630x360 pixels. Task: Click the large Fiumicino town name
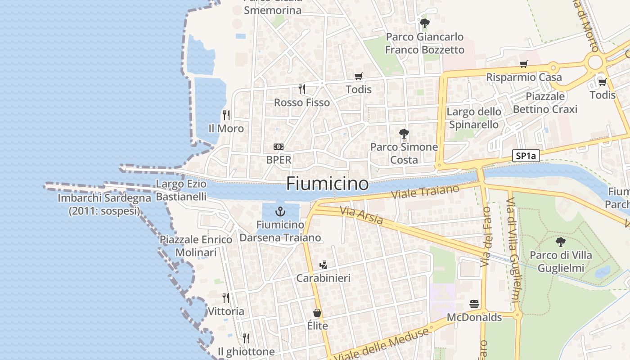(327, 184)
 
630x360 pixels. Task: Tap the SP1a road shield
(526, 156)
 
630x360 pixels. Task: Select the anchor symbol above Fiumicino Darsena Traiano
(280, 211)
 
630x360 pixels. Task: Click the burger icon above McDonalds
(474, 304)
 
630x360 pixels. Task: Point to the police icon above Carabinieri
(323, 265)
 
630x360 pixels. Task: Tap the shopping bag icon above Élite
(317, 313)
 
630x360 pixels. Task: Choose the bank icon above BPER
(279, 147)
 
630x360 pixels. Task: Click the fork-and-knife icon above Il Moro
(226, 115)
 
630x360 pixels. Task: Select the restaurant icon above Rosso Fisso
(302, 89)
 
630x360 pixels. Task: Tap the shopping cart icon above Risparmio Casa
(523, 64)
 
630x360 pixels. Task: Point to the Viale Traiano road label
(425, 192)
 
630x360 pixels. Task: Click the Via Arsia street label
(361, 215)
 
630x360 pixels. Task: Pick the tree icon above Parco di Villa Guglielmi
(560, 242)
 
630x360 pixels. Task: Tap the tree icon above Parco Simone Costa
(404, 134)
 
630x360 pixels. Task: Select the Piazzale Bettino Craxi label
(545, 103)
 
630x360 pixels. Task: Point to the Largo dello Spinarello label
(474, 118)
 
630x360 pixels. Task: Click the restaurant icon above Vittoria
(226, 297)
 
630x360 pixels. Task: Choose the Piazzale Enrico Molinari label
(196, 246)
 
